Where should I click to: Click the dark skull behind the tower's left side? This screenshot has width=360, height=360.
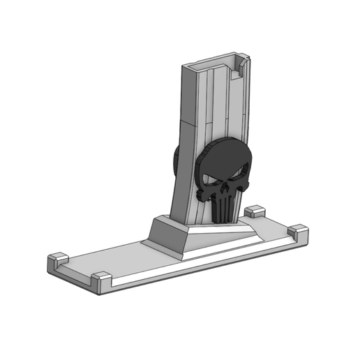176,164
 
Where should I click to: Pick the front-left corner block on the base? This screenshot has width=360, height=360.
101,280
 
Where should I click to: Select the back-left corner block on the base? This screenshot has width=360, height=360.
57,262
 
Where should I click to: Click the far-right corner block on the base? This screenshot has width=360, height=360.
298,232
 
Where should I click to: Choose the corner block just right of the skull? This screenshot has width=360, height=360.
255,211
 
